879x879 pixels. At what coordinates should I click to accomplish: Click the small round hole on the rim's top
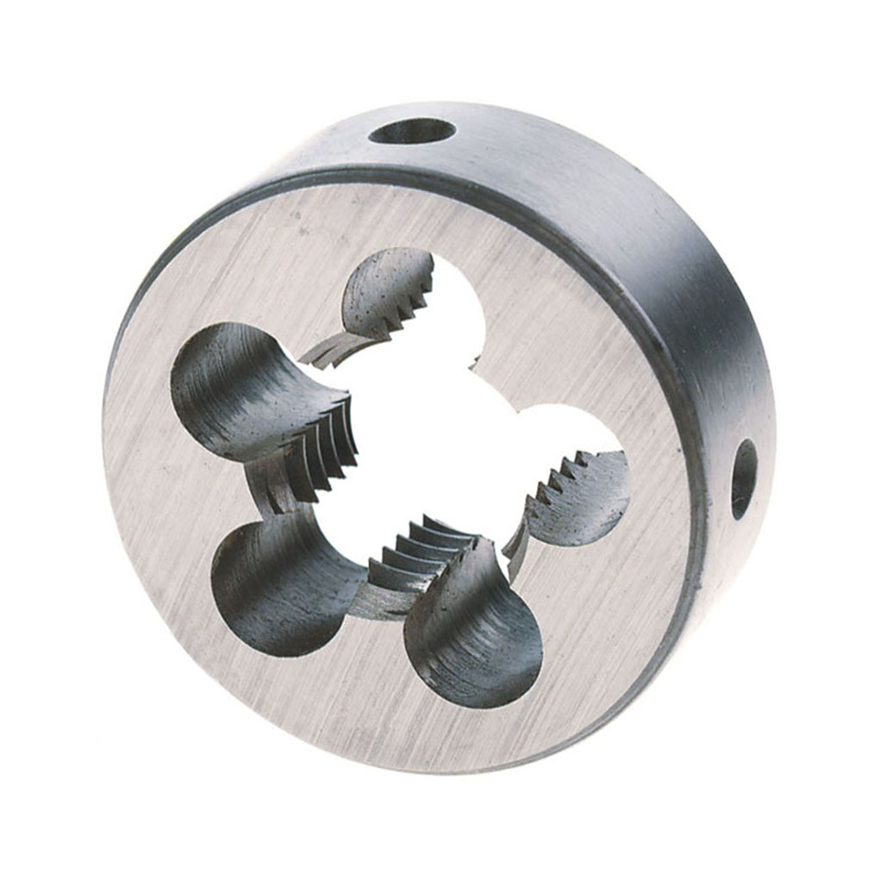tap(412, 132)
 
